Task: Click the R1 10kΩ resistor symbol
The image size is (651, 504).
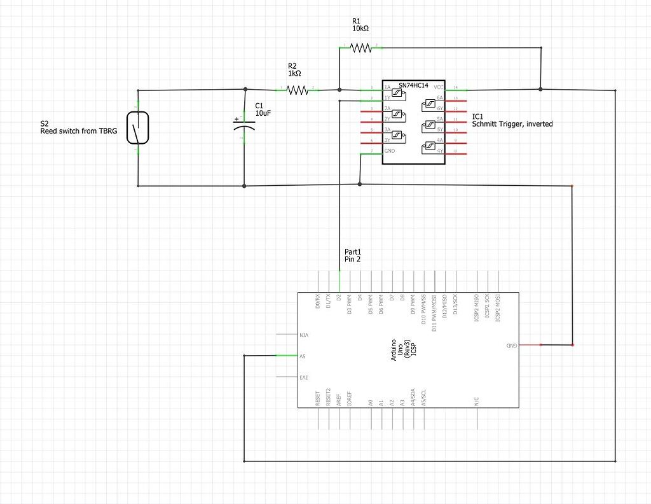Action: [360, 47]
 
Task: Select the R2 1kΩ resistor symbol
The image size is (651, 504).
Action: [297, 90]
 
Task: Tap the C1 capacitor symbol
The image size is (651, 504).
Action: [245, 123]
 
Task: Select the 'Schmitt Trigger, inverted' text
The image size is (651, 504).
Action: [512, 124]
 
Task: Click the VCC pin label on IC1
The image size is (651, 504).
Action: [439, 88]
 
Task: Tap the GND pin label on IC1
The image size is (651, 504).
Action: [389, 151]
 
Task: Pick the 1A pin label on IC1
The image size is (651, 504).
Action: [387, 88]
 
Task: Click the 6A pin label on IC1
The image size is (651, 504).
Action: [439, 98]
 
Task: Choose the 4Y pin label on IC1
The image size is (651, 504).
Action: [439, 151]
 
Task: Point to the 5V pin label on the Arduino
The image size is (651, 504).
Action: [304, 356]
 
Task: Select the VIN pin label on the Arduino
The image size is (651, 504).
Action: [305, 335]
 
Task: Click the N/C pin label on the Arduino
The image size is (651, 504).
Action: [476, 402]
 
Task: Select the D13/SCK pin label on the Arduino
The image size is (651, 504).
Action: [456, 305]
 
